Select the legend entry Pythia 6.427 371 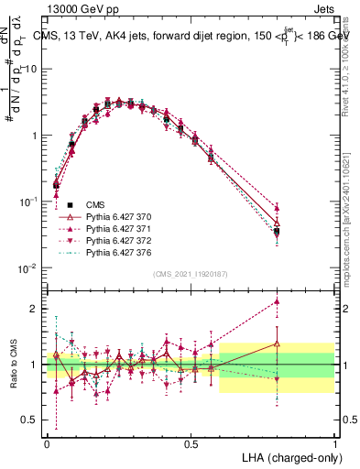click(116, 229)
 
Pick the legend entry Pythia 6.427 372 click(116, 241)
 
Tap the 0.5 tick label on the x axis click(191, 442)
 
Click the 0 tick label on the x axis click(47, 442)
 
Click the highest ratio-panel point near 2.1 click(277, 301)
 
